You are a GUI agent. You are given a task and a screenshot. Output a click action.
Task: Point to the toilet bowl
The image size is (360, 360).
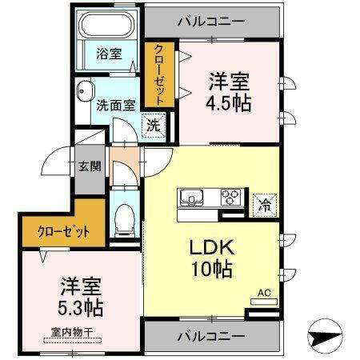point(125,217)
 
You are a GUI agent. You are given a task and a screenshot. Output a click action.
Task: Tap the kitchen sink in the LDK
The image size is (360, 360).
point(192,197)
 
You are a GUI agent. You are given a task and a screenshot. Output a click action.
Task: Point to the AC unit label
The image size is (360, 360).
point(264,294)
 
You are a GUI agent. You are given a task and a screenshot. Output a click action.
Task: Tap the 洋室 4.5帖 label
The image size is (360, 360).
point(230,93)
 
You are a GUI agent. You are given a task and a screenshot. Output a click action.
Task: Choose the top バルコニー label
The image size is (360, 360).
point(211,18)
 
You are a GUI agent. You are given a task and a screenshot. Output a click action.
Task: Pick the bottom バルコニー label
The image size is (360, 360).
point(212,334)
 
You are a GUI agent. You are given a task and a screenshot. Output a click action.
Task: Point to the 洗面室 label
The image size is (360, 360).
point(114,103)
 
